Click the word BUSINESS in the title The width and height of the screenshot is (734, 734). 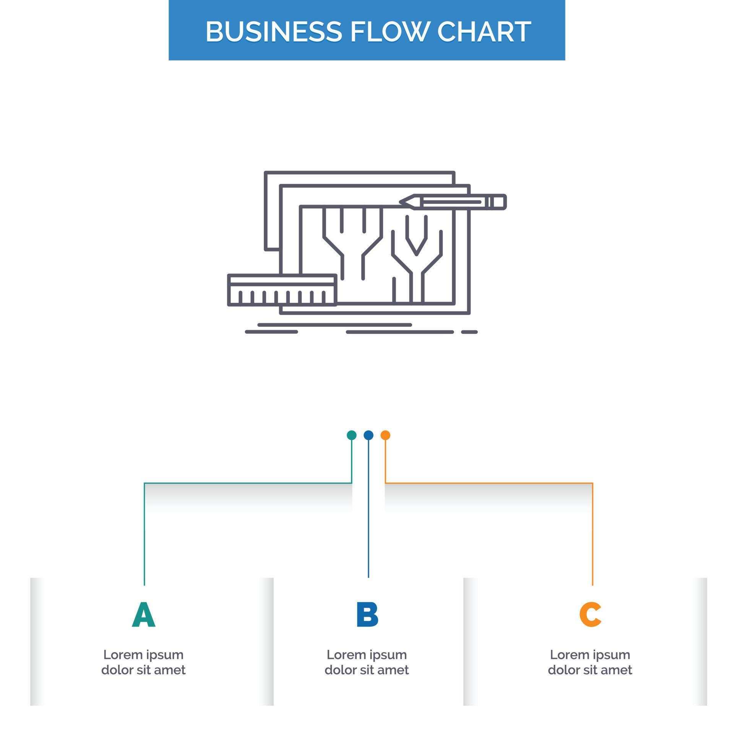click(x=273, y=31)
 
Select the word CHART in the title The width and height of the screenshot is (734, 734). click(x=484, y=31)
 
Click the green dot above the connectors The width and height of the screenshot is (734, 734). click(x=351, y=435)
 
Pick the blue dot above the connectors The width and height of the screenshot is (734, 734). click(x=368, y=435)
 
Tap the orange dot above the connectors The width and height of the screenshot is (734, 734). click(x=385, y=435)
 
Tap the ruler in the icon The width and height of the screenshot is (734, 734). click(x=282, y=290)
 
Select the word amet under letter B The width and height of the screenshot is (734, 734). click(x=394, y=670)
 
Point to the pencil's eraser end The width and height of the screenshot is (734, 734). click(x=499, y=202)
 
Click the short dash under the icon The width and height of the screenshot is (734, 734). click(x=469, y=332)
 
